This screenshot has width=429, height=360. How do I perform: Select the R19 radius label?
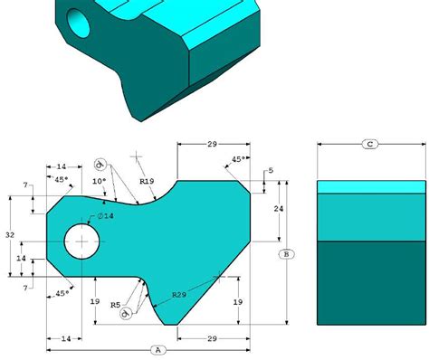[x=147, y=182]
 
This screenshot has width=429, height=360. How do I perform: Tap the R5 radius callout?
[x=115, y=305]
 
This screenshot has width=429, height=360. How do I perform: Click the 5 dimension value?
[x=270, y=171]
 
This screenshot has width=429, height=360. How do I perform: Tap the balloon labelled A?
[x=157, y=348]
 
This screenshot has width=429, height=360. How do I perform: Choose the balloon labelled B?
[x=286, y=253]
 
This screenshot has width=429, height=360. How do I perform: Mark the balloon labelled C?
[x=369, y=144]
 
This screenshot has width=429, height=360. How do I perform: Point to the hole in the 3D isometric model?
[x=78, y=23]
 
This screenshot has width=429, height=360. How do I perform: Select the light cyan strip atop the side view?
[x=369, y=186]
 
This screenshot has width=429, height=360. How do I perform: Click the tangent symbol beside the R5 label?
[x=127, y=313]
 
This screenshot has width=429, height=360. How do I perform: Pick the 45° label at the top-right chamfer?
[x=237, y=159]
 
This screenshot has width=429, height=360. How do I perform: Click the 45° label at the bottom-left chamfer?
[x=62, y=293]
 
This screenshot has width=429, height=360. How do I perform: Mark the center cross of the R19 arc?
[x=137, y=156]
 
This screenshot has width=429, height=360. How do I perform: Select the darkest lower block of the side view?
[x=369, y=281]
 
